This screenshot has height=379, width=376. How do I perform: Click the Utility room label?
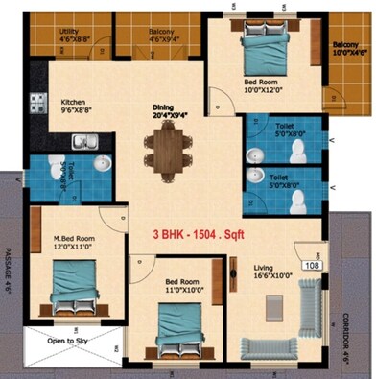pyautogui.click(x=69, y=32)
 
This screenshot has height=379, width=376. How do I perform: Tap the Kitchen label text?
pyautogui.click(x=76, y=101)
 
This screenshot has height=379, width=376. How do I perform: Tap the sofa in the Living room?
pyautogui.click(x=311, y=309)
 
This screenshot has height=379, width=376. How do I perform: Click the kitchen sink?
pyautogui.click(x=82, y=143)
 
